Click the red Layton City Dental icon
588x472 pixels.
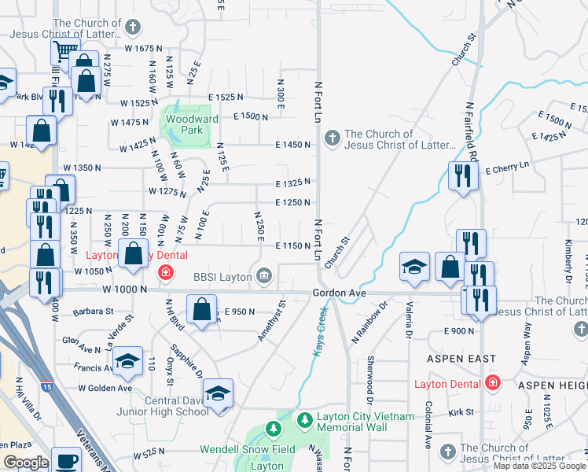coord(165,273)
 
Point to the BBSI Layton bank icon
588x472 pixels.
coord(264,275)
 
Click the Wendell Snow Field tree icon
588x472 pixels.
coord(272,430)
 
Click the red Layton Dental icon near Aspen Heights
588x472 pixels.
coord(493,383)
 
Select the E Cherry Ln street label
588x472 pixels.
coord(508,169)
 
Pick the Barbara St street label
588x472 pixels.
coord(93,312)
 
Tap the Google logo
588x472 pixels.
coord(25,463)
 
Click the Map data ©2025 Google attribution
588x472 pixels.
coord(538,466)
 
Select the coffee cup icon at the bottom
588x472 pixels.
coord(67,460)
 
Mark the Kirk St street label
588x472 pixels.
coord(461,411)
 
